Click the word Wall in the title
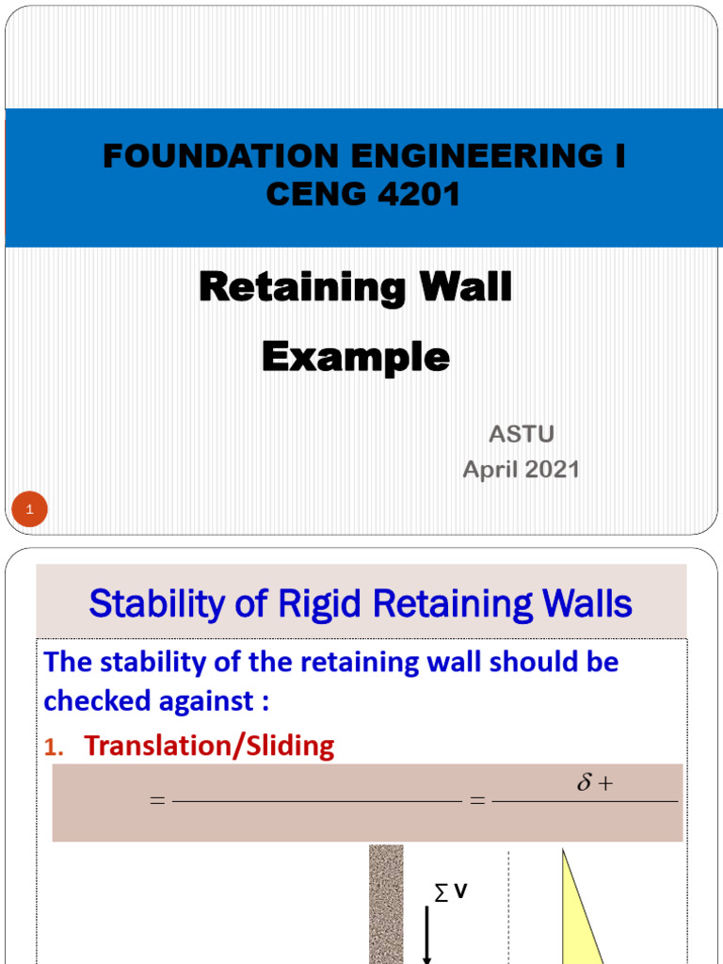point(460,287)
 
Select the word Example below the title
point(355,357)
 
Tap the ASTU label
point(521,434)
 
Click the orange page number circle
point(29,510)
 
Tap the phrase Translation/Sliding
point(209,747)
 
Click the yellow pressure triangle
point(575,918)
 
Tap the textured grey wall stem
point(385,904)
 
